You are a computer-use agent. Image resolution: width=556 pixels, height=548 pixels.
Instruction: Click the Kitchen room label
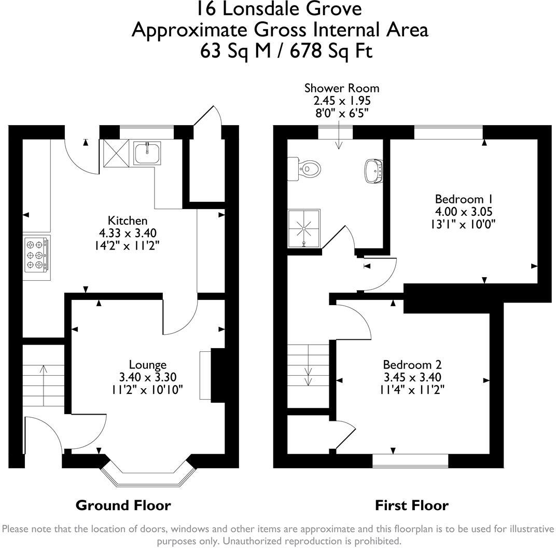click(x=128, y=221)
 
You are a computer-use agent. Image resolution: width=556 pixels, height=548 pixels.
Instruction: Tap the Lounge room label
click(x=147, y=365)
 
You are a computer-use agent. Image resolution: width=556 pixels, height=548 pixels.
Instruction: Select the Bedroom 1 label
click(x=464, y=199)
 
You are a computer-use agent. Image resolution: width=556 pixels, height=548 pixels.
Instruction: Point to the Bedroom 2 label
click(x=412, y=365)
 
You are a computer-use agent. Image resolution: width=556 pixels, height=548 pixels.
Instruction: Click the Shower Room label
click(x=342, y=88)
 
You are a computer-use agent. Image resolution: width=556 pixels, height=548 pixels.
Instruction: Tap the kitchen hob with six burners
click(x=36, y=255)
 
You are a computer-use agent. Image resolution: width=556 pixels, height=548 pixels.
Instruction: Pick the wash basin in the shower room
click(x=374, y=171)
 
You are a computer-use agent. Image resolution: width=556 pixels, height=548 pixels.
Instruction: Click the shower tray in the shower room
click(x=304, y=228)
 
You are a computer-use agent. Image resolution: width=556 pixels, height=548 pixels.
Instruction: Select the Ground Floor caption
click(x=123, y=505)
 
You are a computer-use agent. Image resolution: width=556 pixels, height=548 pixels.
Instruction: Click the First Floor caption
click(x=412, y=505)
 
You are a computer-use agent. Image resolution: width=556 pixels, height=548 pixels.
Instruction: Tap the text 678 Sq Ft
click(x=331, y=51)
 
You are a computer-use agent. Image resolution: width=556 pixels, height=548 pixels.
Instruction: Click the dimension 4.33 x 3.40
click(x=128, y=233)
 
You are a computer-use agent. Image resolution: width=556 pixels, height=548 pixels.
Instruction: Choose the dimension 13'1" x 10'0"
click(x=463, y=224)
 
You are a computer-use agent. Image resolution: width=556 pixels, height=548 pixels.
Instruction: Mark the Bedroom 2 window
click(x=410, y=461)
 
